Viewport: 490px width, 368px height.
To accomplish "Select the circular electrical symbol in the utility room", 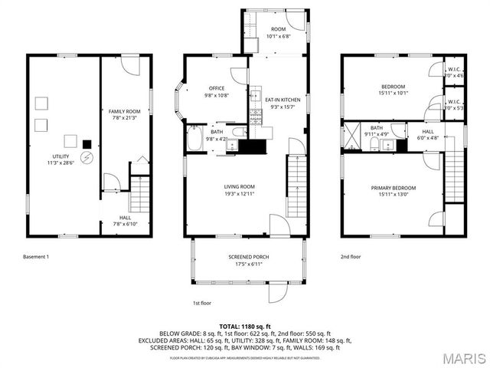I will point(86,158).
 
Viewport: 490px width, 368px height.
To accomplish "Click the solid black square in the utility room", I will point(87,143).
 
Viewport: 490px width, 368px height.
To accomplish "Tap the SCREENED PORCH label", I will point(248,261).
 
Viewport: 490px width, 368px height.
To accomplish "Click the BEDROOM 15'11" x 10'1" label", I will point(394,90).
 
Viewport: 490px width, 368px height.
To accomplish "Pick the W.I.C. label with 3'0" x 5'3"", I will point(454,104).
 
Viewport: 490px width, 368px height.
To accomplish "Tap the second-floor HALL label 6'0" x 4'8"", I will point(428,135).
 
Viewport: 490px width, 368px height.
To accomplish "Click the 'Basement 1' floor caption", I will point(36,258).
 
